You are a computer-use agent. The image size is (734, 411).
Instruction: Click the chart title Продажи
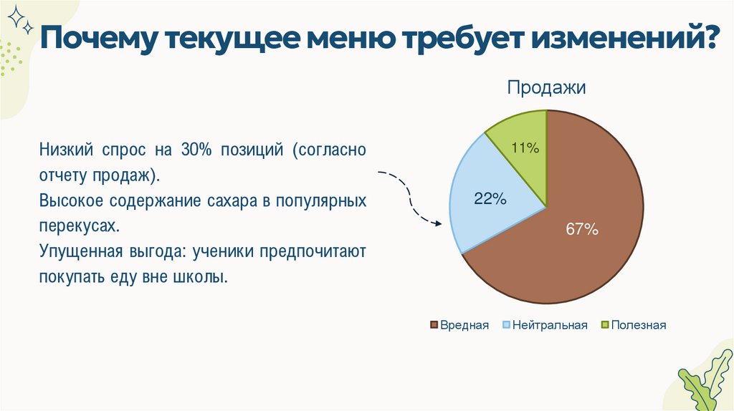pos(547,88)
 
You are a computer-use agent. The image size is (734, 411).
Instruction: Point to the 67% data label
pos(581,230)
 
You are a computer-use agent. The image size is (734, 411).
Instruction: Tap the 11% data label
pos(525,148)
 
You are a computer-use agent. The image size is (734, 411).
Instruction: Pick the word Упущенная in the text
pos(72,252)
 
